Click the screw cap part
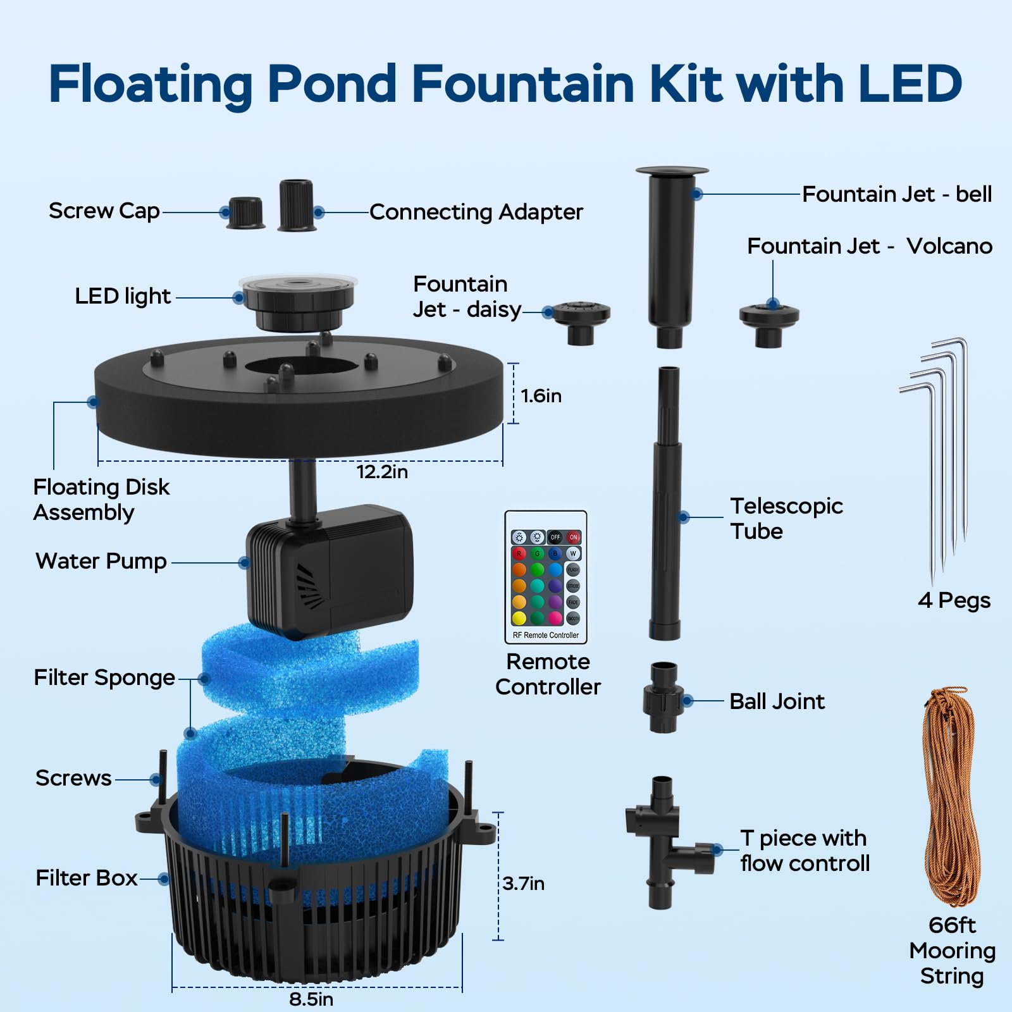point(245,213)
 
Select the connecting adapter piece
point(296,205)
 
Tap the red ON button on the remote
point(574,537)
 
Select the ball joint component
point(663,698)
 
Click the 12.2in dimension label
point(382,472)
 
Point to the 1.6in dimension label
point(541,396)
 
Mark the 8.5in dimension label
point(311,999)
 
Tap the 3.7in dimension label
point(523,884)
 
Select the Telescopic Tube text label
point(786,519)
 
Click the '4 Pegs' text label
point(954,600)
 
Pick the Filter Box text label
point(87,878)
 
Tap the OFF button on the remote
point(555,537)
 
